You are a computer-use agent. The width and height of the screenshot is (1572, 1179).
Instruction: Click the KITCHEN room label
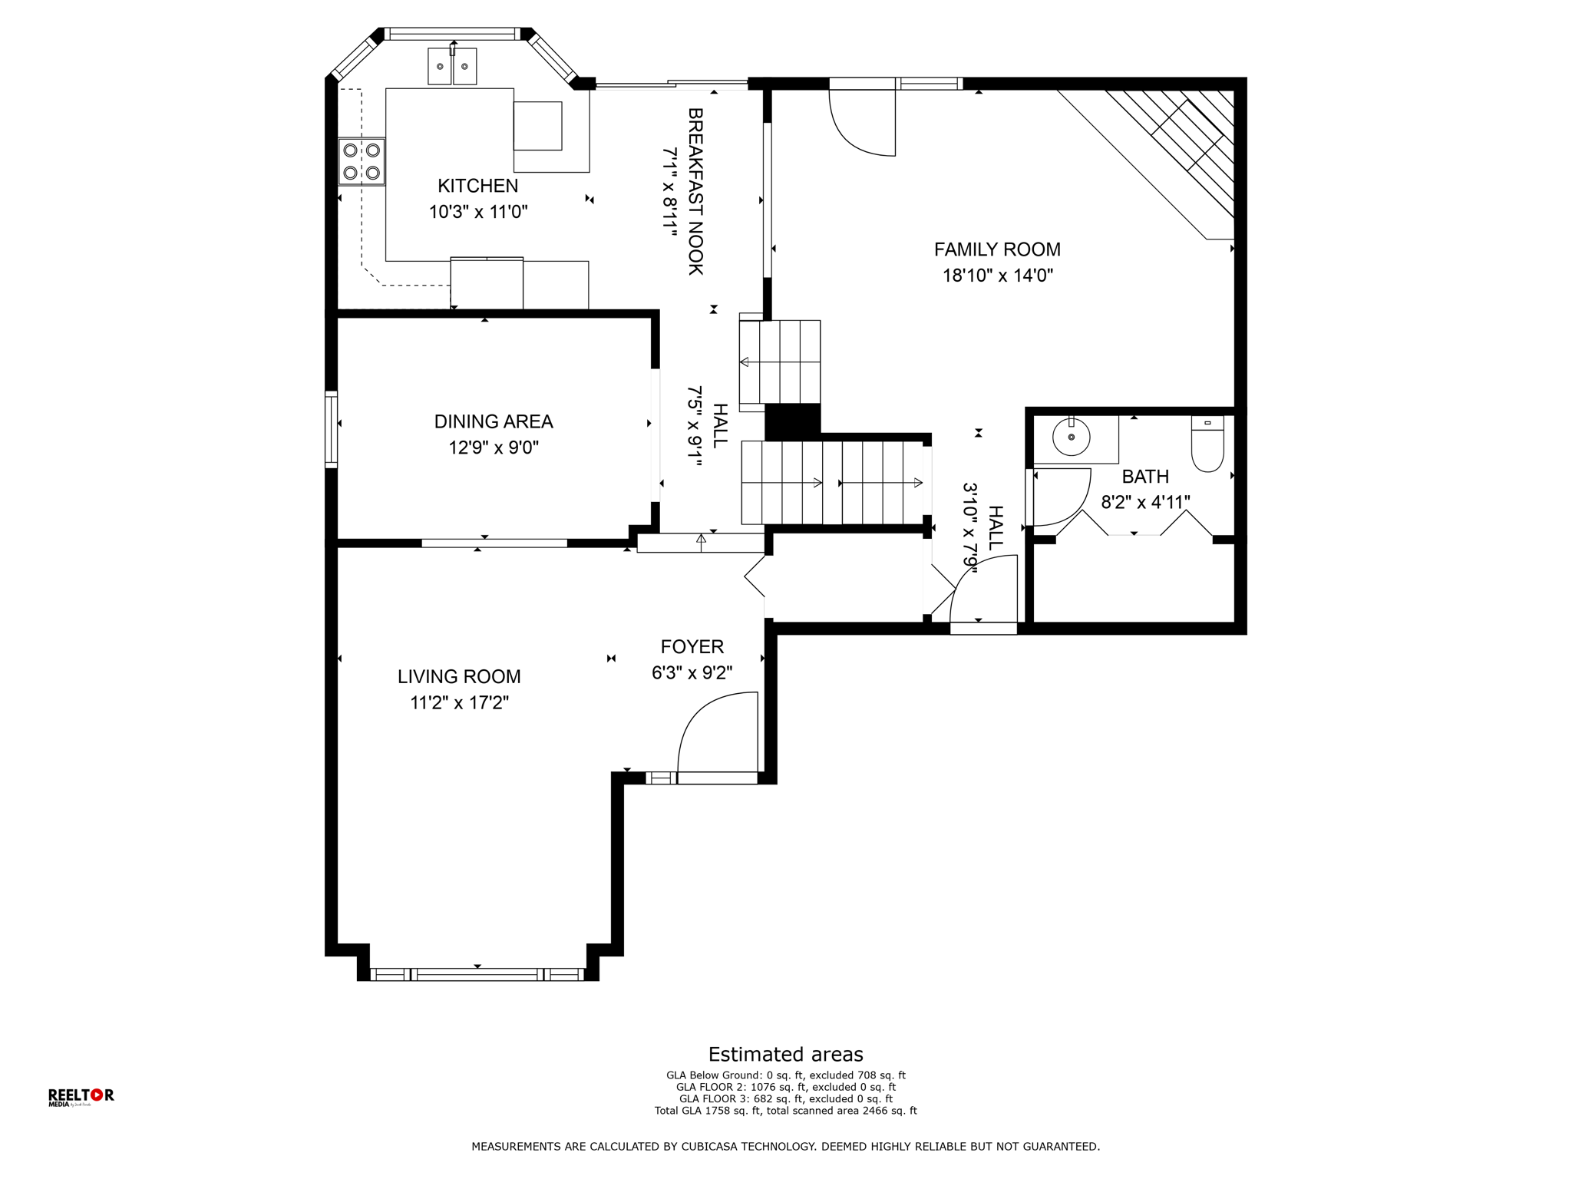coord(477,186)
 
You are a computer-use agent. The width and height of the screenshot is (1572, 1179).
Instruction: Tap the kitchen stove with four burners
coord(362,161)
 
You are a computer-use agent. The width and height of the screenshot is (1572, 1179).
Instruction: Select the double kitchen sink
coord(452,66)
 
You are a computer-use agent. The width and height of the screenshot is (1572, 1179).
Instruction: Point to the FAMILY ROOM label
coord(997,249)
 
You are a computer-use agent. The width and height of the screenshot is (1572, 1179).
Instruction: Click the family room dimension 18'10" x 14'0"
coord(997,276)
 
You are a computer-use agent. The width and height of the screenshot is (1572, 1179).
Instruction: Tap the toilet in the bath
coord(1207,444)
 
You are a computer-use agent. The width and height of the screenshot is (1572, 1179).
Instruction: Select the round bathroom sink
coord(1071,439)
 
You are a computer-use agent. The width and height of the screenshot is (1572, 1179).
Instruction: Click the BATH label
coord(1145,477)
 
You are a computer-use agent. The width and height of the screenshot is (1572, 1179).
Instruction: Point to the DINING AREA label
coord(494,421)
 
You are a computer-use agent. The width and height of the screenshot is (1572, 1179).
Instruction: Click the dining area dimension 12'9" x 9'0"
coord(494,447)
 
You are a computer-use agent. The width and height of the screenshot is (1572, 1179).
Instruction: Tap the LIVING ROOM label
coord(459,677)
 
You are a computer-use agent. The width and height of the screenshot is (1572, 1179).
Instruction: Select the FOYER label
coord(692,647)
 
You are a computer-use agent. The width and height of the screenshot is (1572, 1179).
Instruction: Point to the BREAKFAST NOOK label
coord(695,191)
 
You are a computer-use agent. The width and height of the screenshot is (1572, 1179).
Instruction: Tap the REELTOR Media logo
coord(81,1097)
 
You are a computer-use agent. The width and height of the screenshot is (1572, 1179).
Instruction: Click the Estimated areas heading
coord(785,1054)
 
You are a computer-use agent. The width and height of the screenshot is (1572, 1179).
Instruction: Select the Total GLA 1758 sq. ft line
coord(785,1111)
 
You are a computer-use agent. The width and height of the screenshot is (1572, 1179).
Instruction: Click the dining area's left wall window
coord(332,429)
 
